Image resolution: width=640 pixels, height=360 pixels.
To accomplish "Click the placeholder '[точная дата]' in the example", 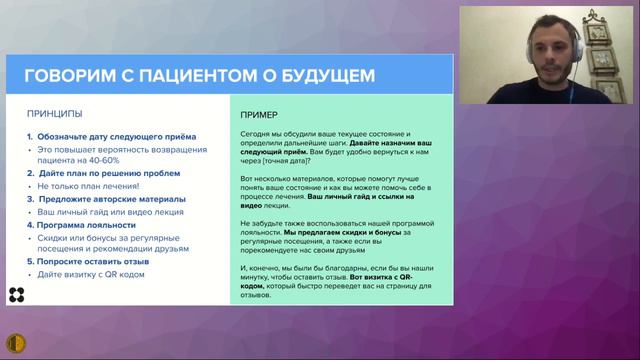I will pyautogui.click(x=285, y=162).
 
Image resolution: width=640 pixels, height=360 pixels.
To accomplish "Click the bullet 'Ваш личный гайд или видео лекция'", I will pyautogui.click(x=101, y=212).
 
